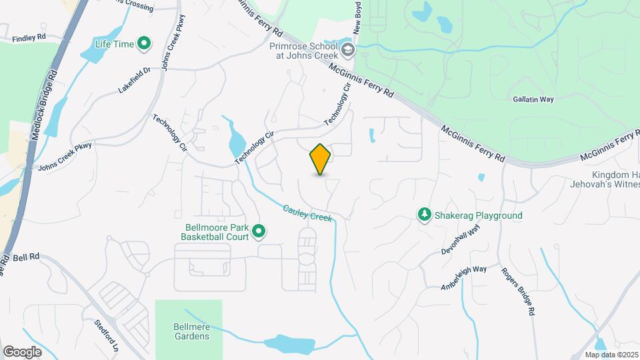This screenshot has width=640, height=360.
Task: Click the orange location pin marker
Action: (321, 159)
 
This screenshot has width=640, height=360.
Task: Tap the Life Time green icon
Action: (144, 45)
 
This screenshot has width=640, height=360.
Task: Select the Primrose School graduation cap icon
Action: (347, 50)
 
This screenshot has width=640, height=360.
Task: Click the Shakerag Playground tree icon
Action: (423, 215)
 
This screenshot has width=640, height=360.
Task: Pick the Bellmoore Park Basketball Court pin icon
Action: (259, 233)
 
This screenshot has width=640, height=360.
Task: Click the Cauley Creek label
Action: (307, 213)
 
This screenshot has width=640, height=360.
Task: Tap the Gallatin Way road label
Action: (533, 99)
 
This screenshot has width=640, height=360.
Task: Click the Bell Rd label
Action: (27, 256)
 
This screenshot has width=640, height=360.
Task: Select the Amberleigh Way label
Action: (464, 278)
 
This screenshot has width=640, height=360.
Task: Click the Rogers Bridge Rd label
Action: (527, 292)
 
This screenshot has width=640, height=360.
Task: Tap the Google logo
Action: (22, 352)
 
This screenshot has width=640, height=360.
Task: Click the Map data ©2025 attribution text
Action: (611, 355)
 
